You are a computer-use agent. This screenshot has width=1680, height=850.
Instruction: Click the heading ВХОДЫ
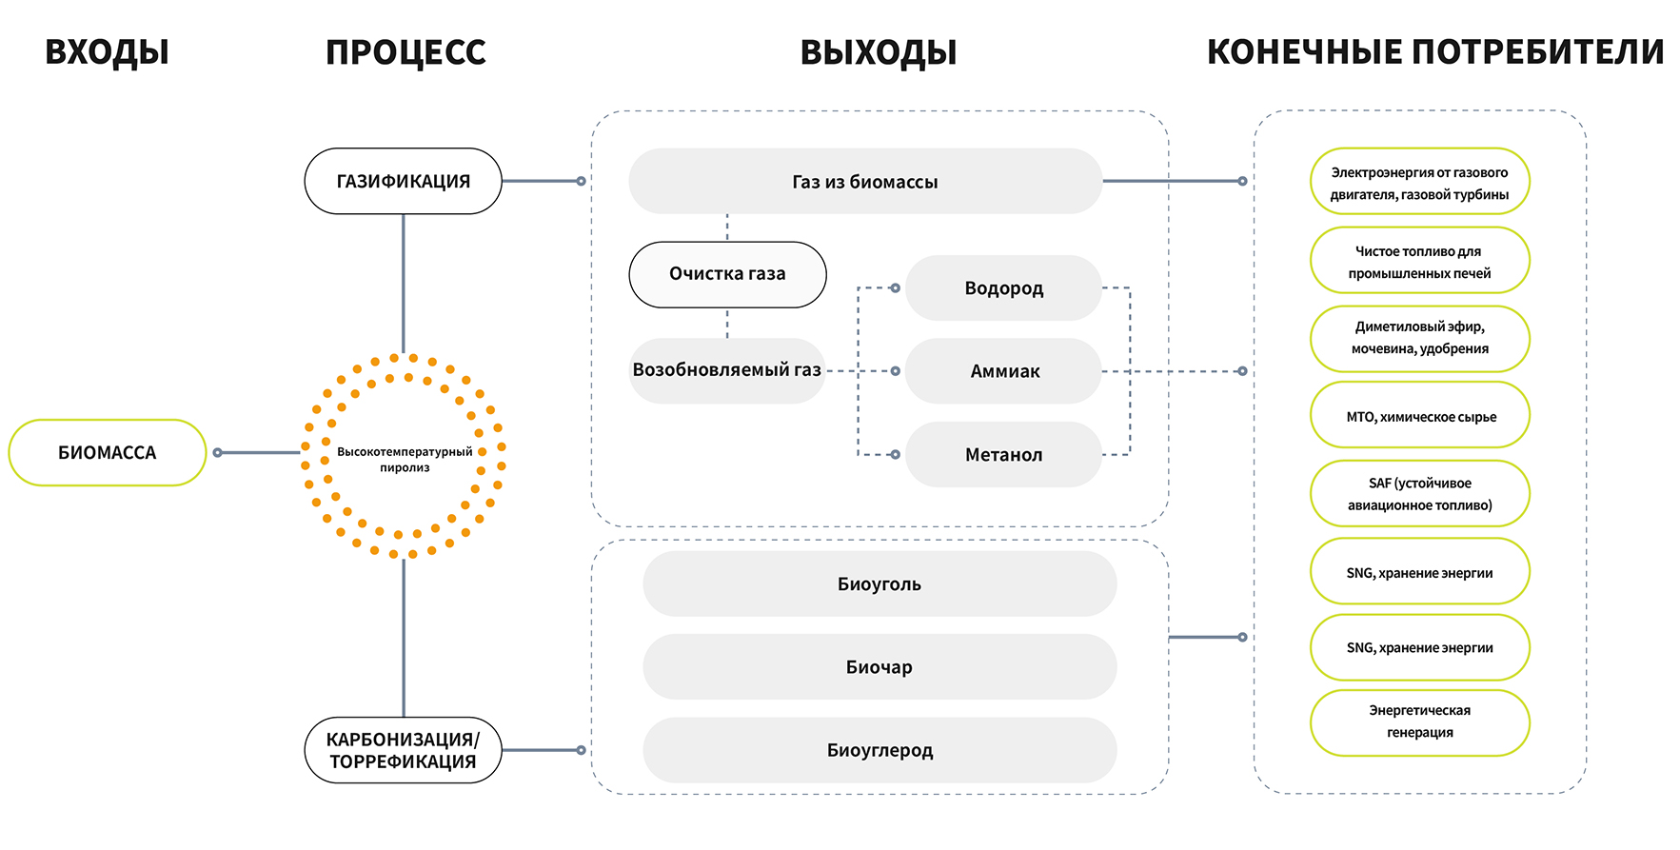coord(107,52)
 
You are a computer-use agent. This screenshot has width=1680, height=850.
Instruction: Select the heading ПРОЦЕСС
coord(405,52)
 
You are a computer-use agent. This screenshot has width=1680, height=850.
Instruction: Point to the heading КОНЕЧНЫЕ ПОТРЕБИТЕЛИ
coord(1434,52)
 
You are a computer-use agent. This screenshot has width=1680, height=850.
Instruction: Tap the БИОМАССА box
coord(108,453)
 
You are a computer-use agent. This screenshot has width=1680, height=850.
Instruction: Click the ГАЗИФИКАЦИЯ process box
coord(403,181)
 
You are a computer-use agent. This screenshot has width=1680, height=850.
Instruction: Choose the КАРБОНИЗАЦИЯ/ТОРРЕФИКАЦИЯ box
coord(403,750)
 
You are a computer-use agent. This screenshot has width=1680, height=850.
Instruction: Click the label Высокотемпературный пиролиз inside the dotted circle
coord(405,459)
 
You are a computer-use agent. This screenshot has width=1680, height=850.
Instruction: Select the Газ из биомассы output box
coord(864,181)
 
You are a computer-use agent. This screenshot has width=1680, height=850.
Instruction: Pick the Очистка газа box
coord(727,274)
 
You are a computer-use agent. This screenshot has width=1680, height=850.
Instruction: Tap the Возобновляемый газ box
coord(726,370)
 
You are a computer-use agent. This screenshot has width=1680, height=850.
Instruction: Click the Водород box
coord(1003,287)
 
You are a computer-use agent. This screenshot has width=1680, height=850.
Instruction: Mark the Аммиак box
coord(1003,371)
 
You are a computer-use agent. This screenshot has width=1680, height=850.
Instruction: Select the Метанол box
coord(1003,455)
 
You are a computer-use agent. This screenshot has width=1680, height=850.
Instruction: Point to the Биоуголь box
coord(880,583)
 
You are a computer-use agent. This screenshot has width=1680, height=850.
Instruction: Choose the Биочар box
coord(880,667)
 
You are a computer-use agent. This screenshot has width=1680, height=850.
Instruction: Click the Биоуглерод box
coord(880,750)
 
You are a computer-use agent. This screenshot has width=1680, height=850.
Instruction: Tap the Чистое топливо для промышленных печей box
coord(1419,262)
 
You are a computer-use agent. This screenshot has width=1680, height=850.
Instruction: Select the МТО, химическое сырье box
coord(1419,416)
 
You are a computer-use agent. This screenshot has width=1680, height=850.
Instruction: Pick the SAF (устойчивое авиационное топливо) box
coord(1419,494)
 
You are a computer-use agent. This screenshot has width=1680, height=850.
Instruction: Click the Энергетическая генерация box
coord(1419,722)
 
